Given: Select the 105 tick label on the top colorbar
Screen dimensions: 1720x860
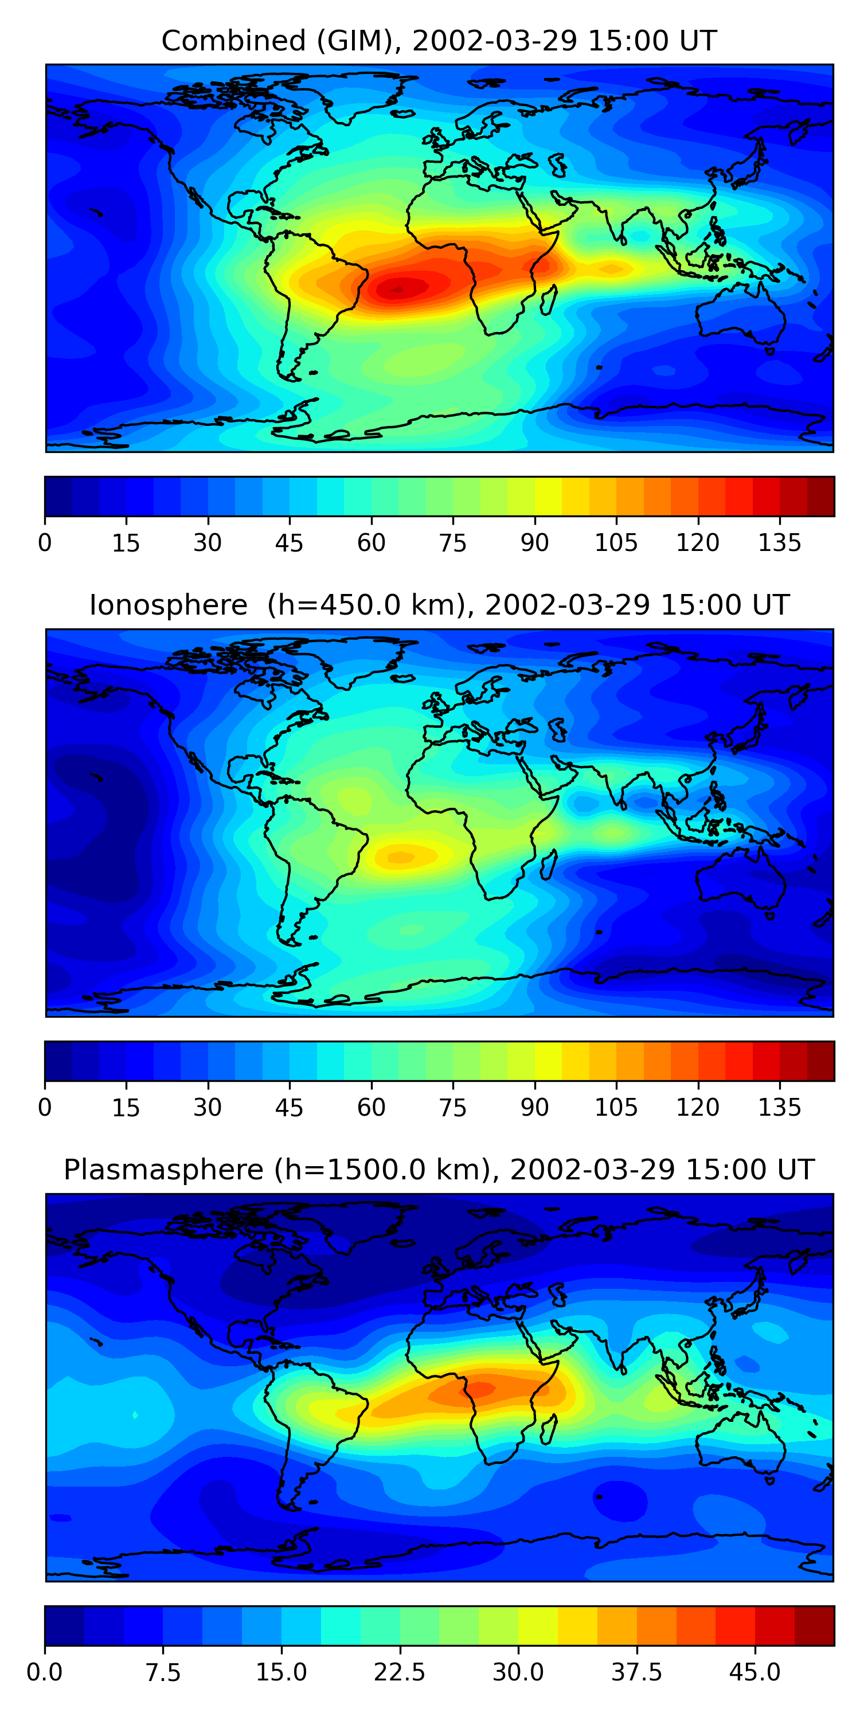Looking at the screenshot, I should [x=616, y=543].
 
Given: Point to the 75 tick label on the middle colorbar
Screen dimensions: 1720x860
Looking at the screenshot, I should [x=453, y=1108].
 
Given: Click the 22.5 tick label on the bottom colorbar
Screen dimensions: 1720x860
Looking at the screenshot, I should [x=399, y=1672].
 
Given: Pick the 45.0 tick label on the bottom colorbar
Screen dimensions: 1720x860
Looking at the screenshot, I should [x=755, y=1672].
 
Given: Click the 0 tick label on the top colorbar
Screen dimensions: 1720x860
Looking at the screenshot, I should [x=45, y=543].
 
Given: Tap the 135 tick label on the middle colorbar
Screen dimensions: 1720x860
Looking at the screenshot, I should [x=779, y=1108].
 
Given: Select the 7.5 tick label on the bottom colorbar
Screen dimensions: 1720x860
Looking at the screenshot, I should [x=163, y=1672].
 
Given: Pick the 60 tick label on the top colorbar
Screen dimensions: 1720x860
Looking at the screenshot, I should [x=372, y=543].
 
